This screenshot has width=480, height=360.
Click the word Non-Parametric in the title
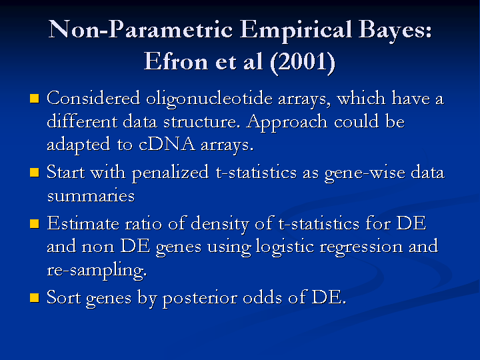[140, 29]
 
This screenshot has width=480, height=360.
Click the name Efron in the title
[176, 61]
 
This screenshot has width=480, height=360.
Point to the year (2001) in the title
[303, 62]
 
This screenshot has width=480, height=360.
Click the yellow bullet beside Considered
[35, 99]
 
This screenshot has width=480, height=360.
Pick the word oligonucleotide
[209, 99]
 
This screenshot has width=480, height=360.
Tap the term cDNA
[167, 144]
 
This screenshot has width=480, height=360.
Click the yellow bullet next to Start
[35, 173]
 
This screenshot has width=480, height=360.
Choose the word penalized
[171, 173]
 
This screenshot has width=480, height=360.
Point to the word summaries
[91, 196]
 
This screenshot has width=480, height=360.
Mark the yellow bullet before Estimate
[35, 223]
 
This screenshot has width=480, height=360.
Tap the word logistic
[285, 247]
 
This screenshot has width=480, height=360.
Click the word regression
[361, 247]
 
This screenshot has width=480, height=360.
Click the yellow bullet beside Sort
[35, 297]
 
